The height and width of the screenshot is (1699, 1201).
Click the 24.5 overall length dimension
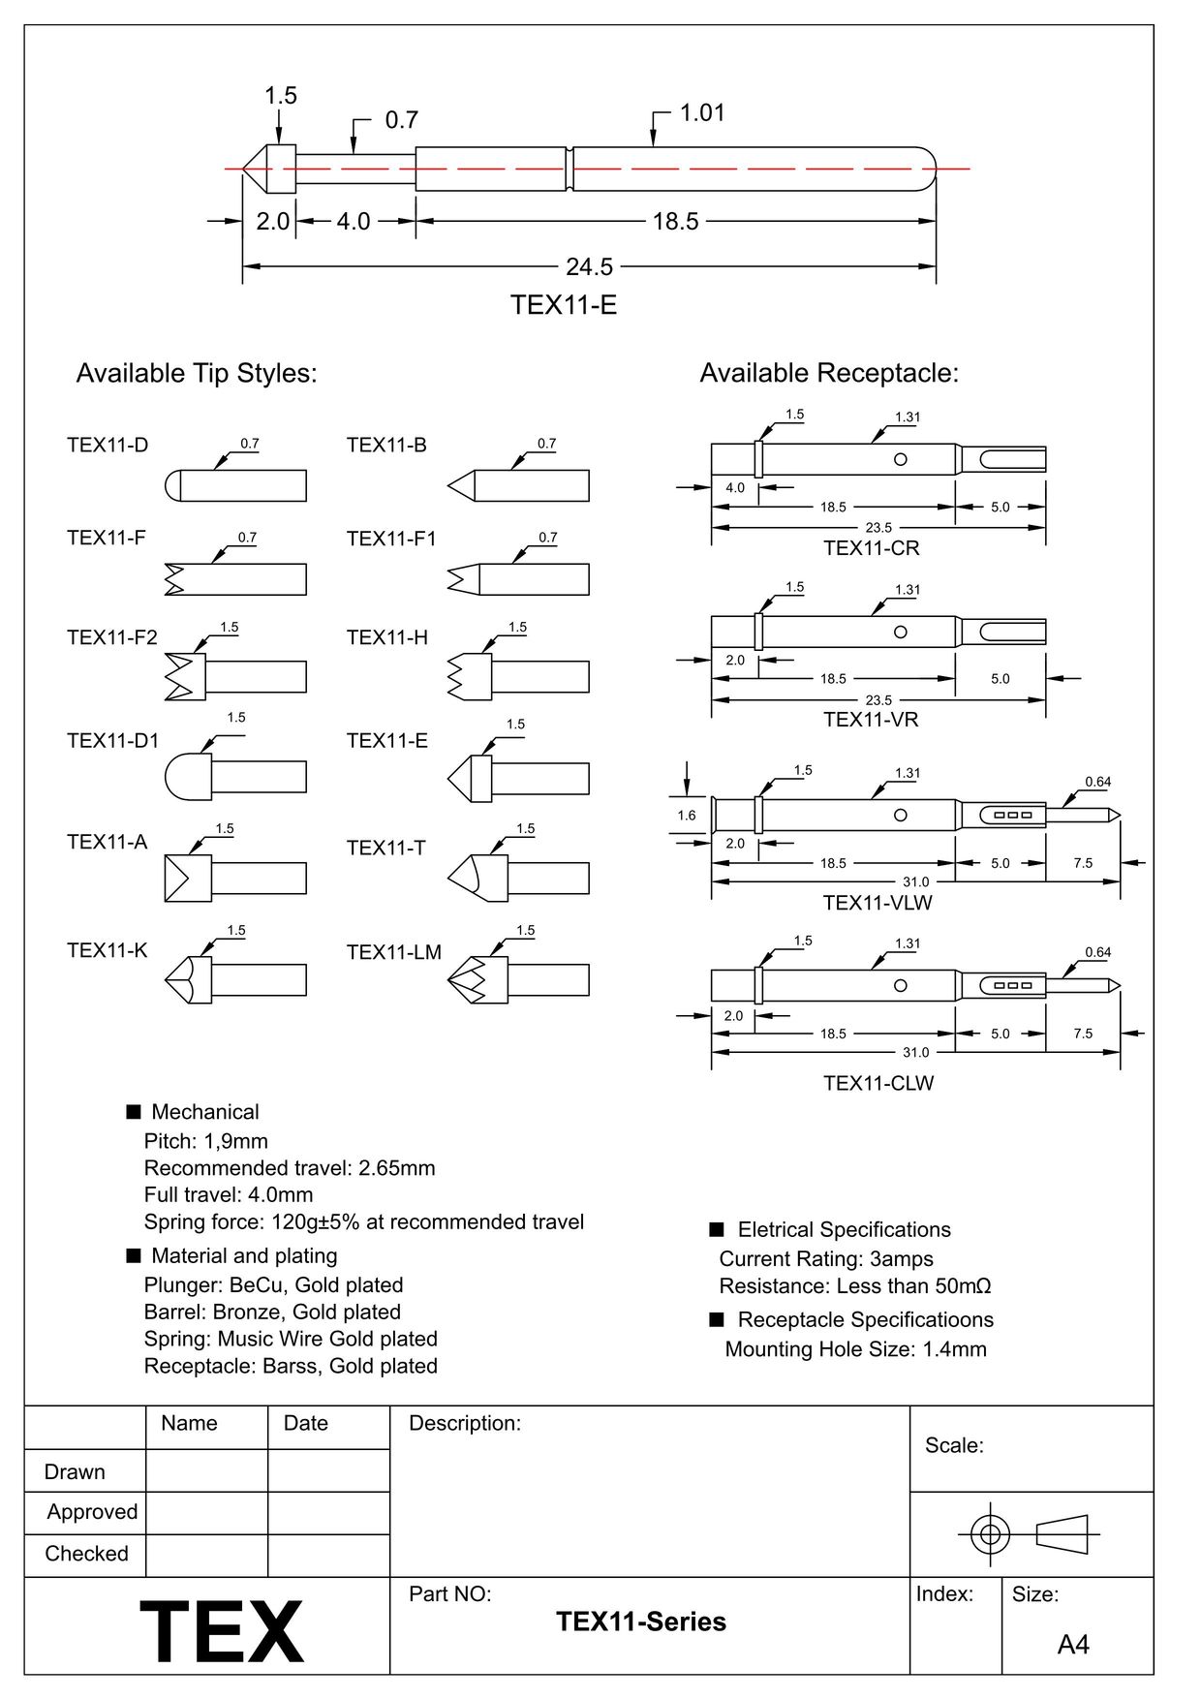(x=589, y=266)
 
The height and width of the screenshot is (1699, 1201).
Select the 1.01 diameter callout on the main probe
(x=702, y=113)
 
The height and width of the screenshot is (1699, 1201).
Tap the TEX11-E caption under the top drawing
(x=564, y=305)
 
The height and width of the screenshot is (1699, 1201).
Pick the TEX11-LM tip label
(x=393, y=952)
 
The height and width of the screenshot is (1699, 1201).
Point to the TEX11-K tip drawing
(x=235, y=979)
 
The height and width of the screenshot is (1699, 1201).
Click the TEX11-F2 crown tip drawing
(x=235, y=676)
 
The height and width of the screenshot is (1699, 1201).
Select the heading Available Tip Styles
(x=197, y=373)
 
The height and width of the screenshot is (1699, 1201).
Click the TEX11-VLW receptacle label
(x=878, y=903)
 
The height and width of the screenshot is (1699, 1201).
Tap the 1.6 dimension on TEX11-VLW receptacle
(x=687, y=816)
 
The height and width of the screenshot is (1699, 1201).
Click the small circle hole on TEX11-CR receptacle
(x=900, y=459)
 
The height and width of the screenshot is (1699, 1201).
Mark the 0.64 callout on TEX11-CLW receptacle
(x=1097, y=952)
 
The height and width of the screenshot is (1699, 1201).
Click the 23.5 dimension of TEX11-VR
(x=878, y=699)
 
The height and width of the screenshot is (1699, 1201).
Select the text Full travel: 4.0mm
(x=229, y=1194)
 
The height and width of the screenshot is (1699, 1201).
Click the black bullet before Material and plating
(x=134, y=1256)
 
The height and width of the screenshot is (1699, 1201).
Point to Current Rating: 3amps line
(x=826, y=1259)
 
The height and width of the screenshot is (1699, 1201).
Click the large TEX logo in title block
(x=222, y=1632)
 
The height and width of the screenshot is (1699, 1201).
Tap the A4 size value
(x=1073, y=1645)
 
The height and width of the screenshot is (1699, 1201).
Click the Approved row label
(x=92, y=1512)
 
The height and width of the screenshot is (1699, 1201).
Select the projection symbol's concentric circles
(x=990, y=1534)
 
